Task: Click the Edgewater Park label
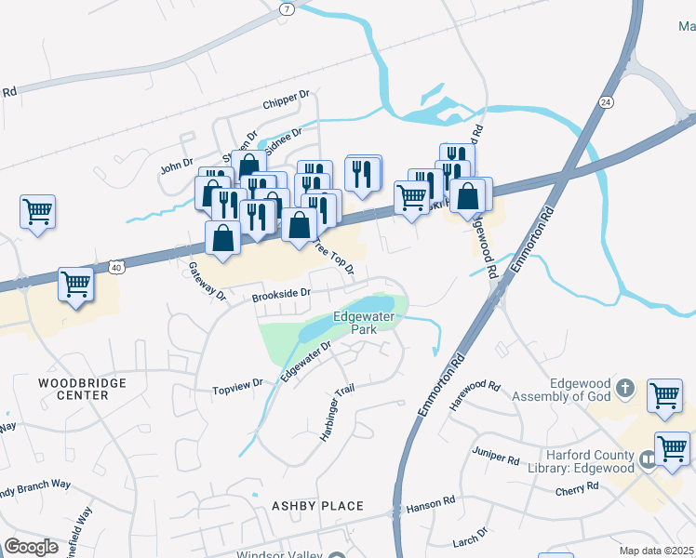tap(365, 323)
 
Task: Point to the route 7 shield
tap(286, 7)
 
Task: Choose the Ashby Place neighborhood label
tap(315, 506)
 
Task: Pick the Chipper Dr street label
tap(286, 98)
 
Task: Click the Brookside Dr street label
tap(280, 294)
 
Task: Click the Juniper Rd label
tap(496, 456)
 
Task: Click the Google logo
tap(31, 547)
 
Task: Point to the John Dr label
tap(176, 167)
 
